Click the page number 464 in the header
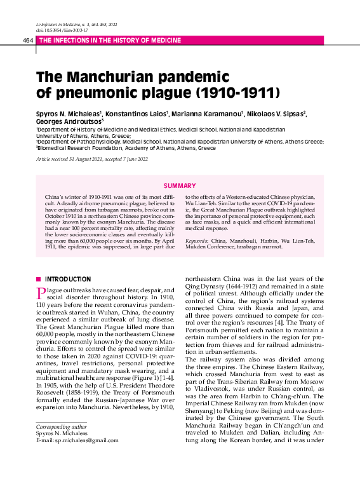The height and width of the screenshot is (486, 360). coord(27,40)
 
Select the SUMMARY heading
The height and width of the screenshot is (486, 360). coord(180,186)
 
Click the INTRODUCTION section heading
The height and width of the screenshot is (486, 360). coord(68,279)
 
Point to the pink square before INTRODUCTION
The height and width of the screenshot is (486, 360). coord(39,279)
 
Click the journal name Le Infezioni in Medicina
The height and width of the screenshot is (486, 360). coord(61,24)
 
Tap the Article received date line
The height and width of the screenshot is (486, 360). coord(91,158)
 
